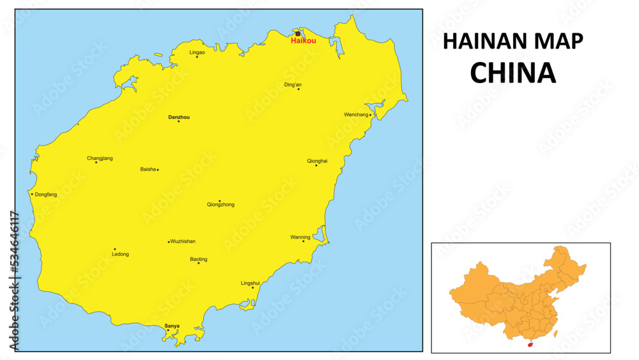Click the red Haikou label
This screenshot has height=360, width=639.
click(303, 41)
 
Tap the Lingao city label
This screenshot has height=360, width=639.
click(197, 52)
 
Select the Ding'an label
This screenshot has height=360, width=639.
click(293, 84)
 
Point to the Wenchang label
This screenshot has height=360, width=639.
click(356, 115)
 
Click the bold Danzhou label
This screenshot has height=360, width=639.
click(179, 117)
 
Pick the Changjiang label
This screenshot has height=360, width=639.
click(100, 158)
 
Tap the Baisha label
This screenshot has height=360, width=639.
click(148, 169)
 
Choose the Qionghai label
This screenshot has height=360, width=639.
click(317, 161)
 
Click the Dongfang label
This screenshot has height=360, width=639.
click(46, 194)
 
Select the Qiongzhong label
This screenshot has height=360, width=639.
click(220, 205)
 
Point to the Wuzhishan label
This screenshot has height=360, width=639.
click(183, 242)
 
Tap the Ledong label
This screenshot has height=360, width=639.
click(120, 254)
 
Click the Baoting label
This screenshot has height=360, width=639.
click(199, 259)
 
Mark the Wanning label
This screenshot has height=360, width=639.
click(300, 237)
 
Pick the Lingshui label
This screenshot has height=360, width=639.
click(250, 283)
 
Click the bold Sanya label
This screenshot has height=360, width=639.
click(172, 325)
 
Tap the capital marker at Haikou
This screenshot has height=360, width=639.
click(297, 34)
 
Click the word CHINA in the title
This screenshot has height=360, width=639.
click(512, 74)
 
